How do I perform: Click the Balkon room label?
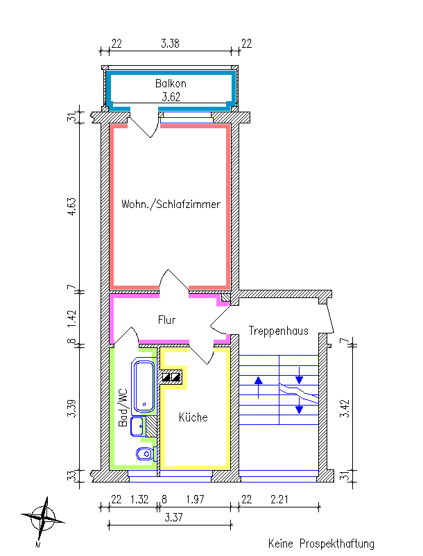point(171,83)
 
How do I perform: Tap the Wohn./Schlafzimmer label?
point(171,204)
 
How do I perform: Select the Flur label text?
point(166,320)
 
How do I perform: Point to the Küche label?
point(193,417)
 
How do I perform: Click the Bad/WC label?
point(123,408)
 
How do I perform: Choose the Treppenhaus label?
point(278,331)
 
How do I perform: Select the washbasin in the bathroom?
point(137,426)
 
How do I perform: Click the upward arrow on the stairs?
point(259,387)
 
